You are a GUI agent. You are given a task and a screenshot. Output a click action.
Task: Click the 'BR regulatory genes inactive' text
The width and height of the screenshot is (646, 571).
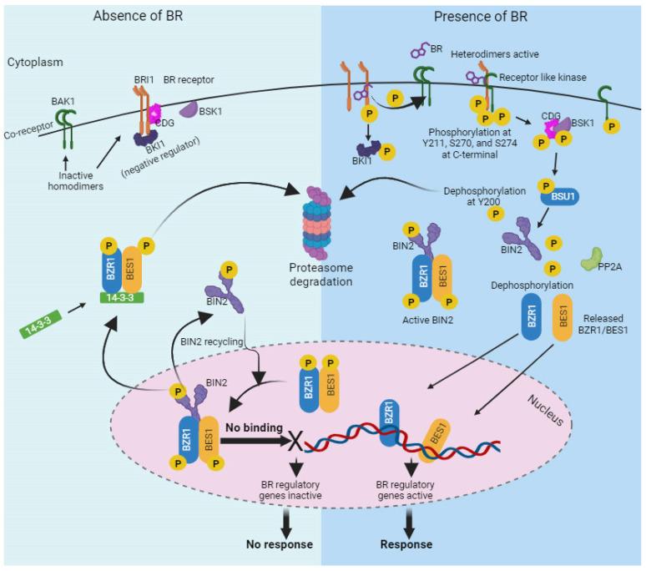(x=291, y=491)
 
